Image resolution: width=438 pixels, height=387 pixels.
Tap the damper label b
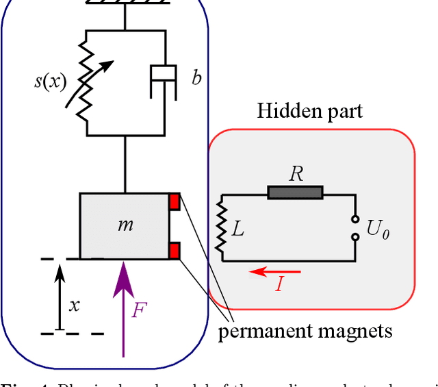coord(196,78)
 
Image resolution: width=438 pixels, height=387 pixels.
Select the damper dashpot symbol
coord(165,82)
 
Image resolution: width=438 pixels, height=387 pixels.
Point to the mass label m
coord(125,224)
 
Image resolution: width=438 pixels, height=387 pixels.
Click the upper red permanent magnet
coord(175,201)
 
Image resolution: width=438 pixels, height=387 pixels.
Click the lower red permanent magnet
coord(175,250)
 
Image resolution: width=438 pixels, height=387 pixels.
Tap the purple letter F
coord(139,310)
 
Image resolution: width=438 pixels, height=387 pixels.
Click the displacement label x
coord(74,305)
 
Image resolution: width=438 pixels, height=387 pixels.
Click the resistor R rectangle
coord(295,193)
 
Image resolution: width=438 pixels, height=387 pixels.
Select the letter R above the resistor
coord(296,174)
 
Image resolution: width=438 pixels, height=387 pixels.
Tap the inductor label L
coord(237,229)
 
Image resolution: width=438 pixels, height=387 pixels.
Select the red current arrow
coord(274,272)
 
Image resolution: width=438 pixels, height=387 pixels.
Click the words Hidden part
coord(309,112)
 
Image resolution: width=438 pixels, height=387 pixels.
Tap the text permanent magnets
coord(305,332)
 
